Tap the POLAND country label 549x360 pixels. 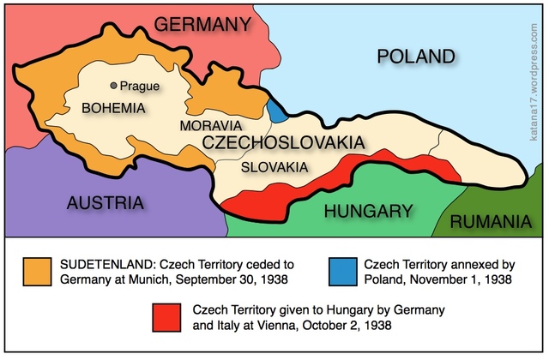coord(415,57)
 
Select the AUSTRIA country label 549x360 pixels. coord(104,203)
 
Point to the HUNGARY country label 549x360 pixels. coord(370,211)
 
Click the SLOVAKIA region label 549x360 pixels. coord(274,166)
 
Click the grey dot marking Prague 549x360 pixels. coord(113,86)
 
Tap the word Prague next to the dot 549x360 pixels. coord(140,86)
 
